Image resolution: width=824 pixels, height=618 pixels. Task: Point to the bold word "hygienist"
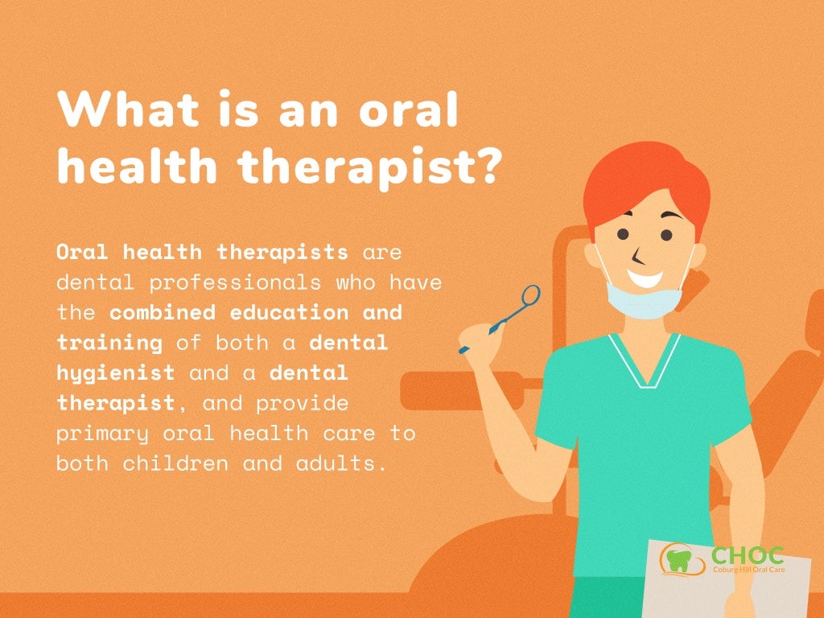pyautogui.click(x=115, y=373)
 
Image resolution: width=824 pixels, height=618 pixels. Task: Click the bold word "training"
pyautogui.click(x=109, y=343)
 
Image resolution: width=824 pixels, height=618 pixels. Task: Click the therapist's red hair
pyautogui.click(x=644, y=181)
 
